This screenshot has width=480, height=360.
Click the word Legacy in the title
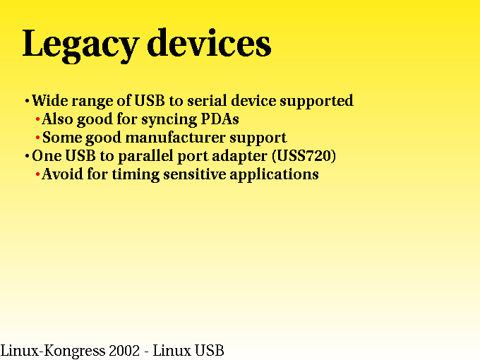point(80,45)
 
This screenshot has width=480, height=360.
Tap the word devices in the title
point(209,42)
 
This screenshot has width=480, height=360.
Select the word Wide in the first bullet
point(50,100)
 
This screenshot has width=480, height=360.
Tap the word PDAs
point(220,119)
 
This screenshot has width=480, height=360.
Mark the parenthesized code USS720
point(304,156)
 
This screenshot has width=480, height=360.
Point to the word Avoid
point(62,174)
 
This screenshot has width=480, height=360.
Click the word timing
point(136,175)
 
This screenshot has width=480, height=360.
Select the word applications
point(274,175)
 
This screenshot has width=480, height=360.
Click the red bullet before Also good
point(37,119)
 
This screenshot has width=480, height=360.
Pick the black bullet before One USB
point(28,156)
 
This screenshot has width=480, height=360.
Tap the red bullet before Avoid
point(37,174)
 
